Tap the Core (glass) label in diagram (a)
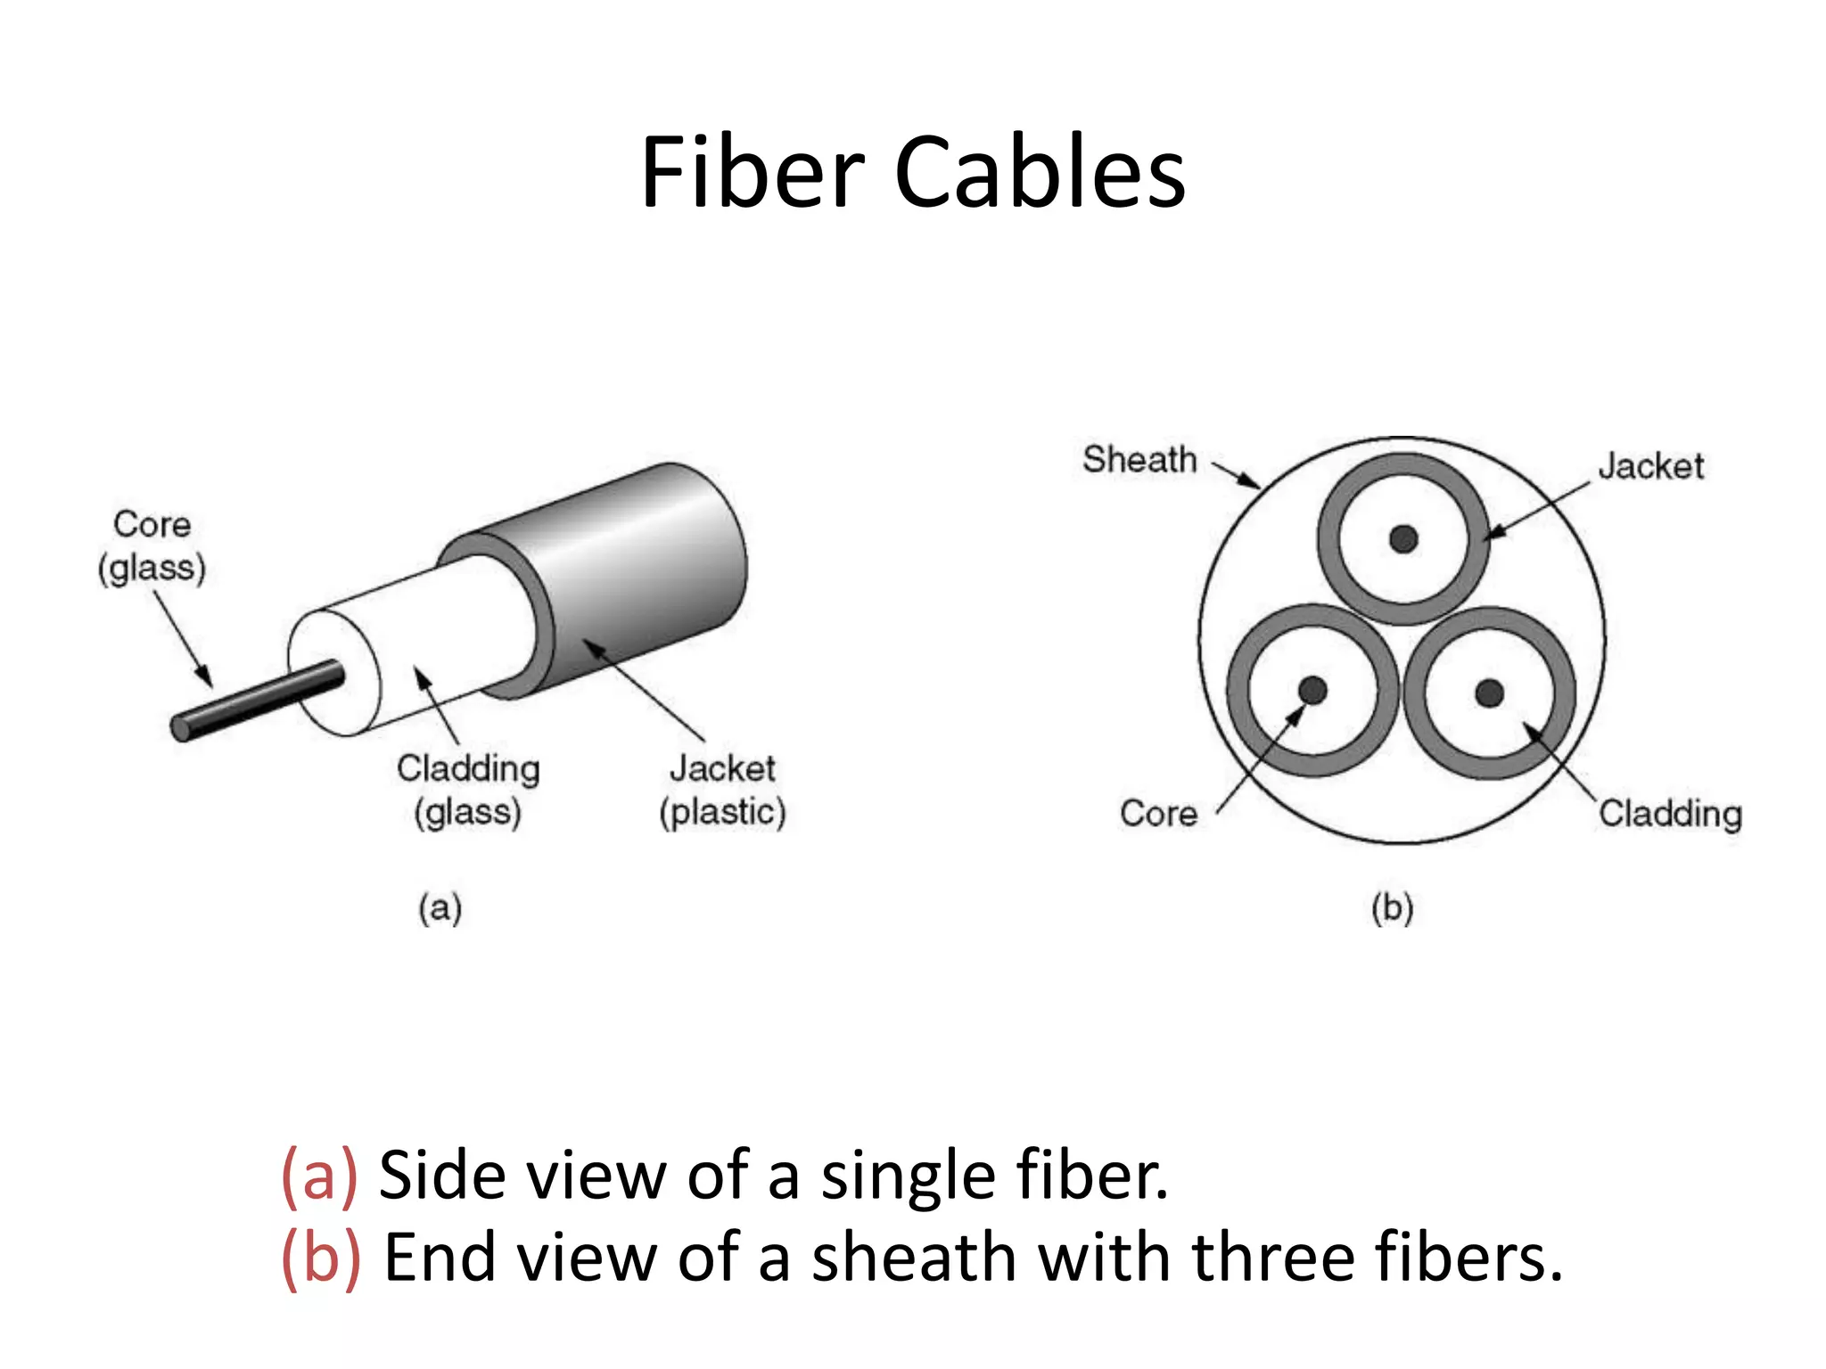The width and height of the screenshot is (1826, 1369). [152, 545]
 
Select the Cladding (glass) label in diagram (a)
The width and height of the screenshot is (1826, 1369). [468, 790]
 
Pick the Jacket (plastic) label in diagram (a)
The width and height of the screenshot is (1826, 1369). [722, 790]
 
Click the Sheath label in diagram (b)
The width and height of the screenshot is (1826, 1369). [1139, 460]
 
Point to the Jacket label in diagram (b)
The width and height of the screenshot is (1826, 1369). [1650, 466]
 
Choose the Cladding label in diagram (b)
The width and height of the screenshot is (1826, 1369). [1670, 814]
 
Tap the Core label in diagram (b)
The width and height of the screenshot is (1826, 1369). [1158, 814]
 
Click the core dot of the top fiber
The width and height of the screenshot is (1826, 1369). [1403, 538]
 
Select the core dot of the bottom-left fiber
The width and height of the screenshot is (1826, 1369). [1312, 690]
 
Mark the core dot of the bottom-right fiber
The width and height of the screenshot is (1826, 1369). [1490, 693]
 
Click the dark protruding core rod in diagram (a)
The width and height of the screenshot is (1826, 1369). [259, 701]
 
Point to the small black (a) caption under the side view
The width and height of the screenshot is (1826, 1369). [440, 908]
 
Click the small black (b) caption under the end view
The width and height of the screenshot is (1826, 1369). [1393, 908]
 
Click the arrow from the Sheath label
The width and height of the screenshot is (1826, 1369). [1237, 475]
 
